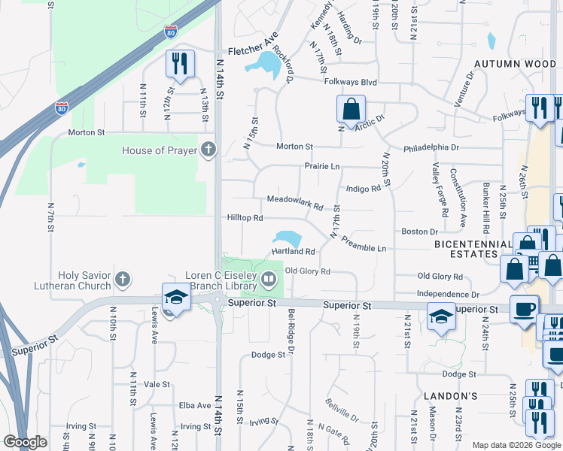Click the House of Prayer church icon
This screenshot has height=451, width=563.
[x=208, y=150]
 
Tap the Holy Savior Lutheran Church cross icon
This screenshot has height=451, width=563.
[x=123, y=280]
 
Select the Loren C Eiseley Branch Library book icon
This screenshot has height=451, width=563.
[x=269, y=280]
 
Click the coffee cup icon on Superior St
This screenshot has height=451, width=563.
[x=524, y=308]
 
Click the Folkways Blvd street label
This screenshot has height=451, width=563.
[x=351, y=81]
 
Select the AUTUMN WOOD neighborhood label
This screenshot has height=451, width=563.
[x=515, y=65]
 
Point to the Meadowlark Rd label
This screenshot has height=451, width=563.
[x=295, y=202]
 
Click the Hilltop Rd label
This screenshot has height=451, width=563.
[x=245, y=218]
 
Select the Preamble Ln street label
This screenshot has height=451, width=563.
[x=364, y=244]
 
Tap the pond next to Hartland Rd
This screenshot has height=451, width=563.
[x=288, y=239]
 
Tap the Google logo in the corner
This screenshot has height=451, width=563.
[x=25, y=442]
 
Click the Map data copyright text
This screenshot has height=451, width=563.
[x=516, y=445]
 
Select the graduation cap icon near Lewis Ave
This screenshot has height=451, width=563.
[x=175, y=297]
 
